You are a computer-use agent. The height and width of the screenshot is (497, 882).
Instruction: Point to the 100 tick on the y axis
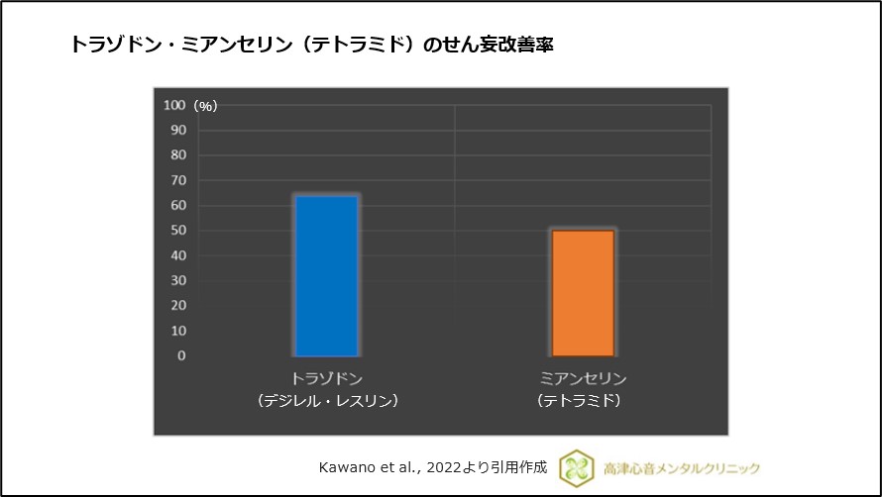pos(174,105)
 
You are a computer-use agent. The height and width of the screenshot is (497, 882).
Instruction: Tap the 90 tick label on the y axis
pos(178,130)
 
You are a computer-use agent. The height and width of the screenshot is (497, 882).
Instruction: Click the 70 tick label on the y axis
pos(178,180)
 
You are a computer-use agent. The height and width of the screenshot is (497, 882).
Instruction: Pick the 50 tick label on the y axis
pos(178,231)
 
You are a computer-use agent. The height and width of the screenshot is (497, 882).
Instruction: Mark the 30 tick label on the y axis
pos(178,281)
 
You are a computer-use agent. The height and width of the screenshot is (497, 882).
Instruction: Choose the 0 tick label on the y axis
pos(181,355)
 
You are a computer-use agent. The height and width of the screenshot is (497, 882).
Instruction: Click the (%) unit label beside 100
pos(205,106)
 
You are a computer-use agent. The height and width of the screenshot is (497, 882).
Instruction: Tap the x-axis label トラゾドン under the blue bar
pos(326,379)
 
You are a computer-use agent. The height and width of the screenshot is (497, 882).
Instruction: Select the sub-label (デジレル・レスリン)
pos(326,401)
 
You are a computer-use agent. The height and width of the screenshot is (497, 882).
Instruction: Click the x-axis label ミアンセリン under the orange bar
pos(583,379)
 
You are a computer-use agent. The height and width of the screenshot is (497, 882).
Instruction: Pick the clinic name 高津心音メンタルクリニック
pos(682,467)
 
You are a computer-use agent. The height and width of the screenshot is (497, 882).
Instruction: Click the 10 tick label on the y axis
pos(178,331)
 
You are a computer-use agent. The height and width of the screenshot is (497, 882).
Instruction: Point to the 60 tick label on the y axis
pos(178,205)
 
